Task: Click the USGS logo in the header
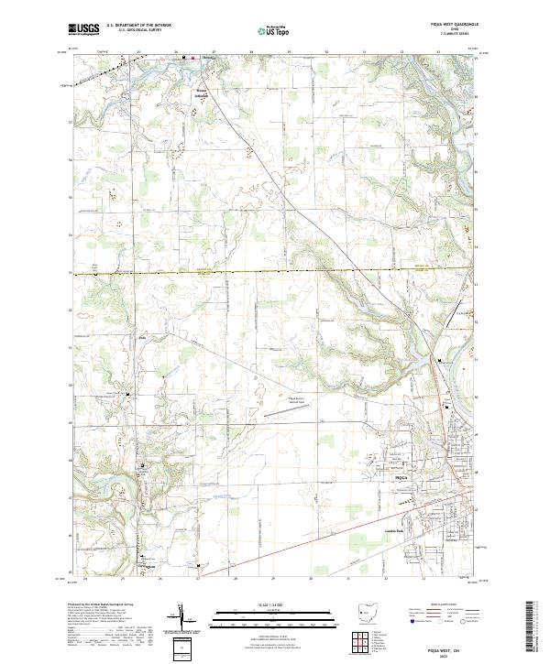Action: (x=83, y=29)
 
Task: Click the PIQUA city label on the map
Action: (x=400, y=478)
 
